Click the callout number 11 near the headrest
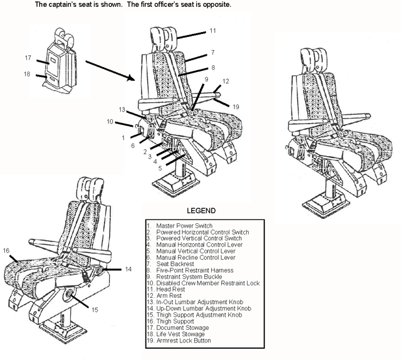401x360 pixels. [212, 30]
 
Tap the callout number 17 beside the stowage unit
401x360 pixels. [28, 58]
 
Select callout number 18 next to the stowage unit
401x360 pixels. [27, 74]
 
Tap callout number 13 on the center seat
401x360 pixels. [123, 109]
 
